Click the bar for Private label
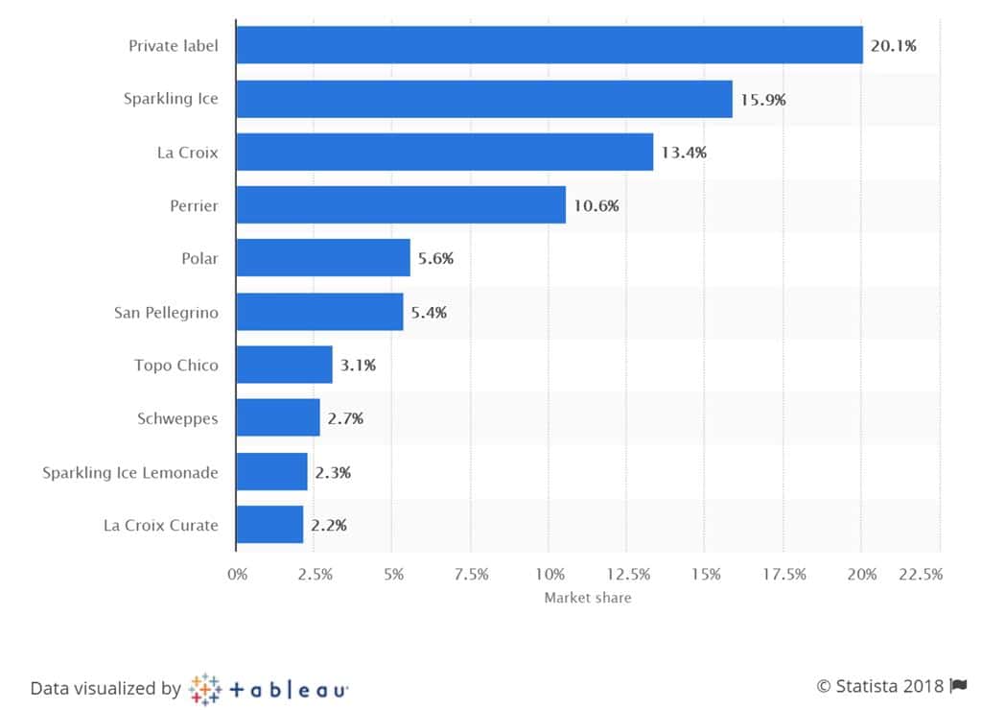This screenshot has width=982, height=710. point(549,45)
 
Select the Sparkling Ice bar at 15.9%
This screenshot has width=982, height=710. point(483,99)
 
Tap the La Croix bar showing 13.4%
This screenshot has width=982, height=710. point(444,152)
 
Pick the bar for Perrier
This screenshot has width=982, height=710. point(400,205)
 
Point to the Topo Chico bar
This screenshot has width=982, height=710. point(284,365)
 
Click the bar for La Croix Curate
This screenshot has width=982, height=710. point(269,525)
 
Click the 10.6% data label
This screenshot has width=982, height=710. point(597,205)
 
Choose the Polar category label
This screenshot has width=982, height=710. point(199,259)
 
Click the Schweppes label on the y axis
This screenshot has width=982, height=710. point(177,418)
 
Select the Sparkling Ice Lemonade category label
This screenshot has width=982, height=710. point(130,472)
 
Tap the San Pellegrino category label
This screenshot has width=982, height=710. point(166,312)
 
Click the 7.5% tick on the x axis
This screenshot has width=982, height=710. point(471,575)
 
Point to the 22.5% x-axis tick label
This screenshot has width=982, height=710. point(921,575)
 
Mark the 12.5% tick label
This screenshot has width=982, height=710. point(627,575)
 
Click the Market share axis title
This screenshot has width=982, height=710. point(588,598)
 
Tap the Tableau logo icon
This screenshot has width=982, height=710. point(205,688)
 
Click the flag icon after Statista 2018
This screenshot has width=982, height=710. point(958,686)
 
